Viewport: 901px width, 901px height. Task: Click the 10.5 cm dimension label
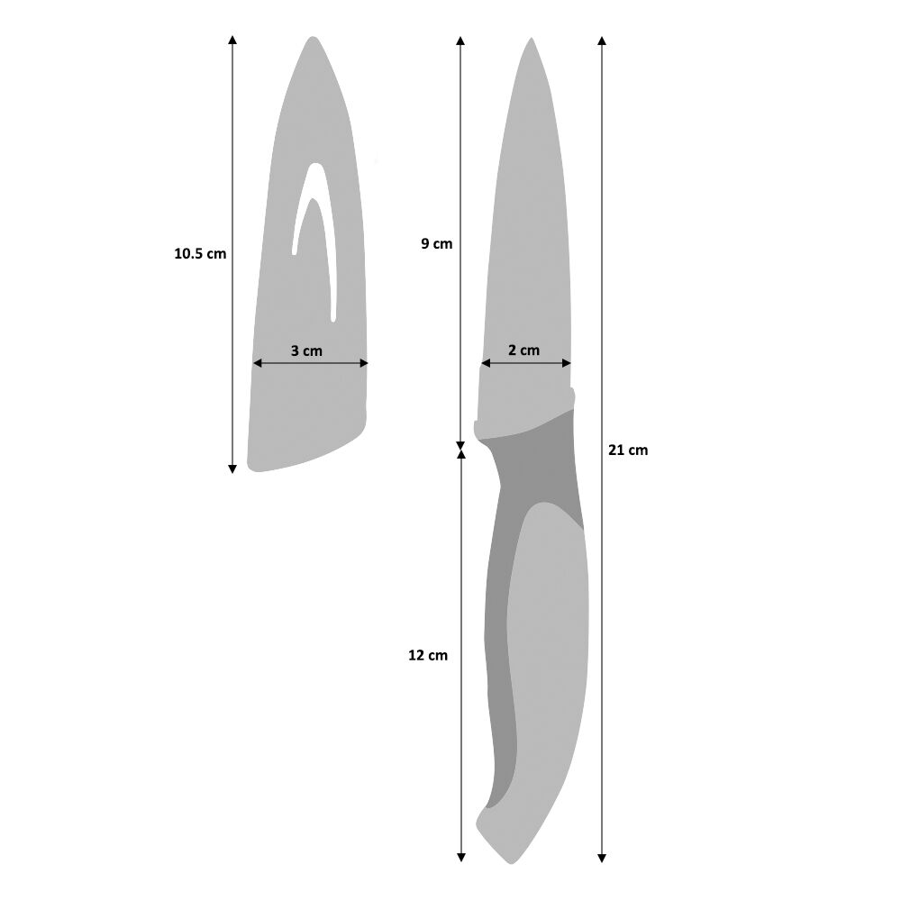[200, 254]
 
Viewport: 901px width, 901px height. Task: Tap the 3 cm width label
[306, 350]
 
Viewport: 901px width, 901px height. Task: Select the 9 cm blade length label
[436, 243]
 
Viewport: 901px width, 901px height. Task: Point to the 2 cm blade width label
[523, 350]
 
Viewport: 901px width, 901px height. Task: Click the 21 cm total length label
[628, 450]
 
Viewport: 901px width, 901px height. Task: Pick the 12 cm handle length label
[427, 656]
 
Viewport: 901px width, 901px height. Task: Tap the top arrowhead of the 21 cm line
[602, 41]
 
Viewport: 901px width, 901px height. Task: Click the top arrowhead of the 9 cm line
[460, 41]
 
